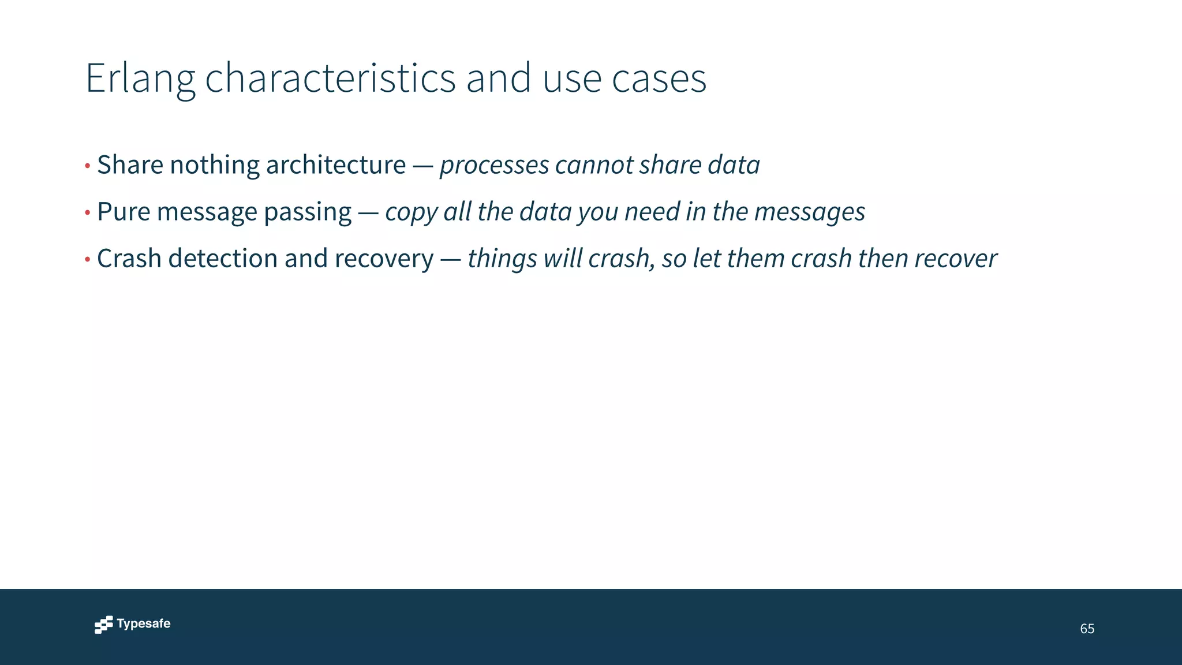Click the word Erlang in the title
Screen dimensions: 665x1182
point(140,79)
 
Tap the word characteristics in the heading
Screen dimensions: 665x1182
point(330,79)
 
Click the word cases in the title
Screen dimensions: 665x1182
point(659,79)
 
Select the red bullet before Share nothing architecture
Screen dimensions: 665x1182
point(88,166)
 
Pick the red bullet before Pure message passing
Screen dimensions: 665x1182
point(88,213)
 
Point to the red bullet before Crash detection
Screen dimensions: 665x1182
point(88,260)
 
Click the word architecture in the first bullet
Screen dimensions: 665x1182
point(335,165)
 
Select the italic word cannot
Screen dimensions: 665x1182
point(594,165)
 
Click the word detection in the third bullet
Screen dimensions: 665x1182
point(223,259)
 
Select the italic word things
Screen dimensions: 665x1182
point(502,259)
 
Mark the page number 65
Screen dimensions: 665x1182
point(1087,629)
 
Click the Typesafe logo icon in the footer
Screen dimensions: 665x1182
point(103,625)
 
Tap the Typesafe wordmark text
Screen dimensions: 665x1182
point(144,623)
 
